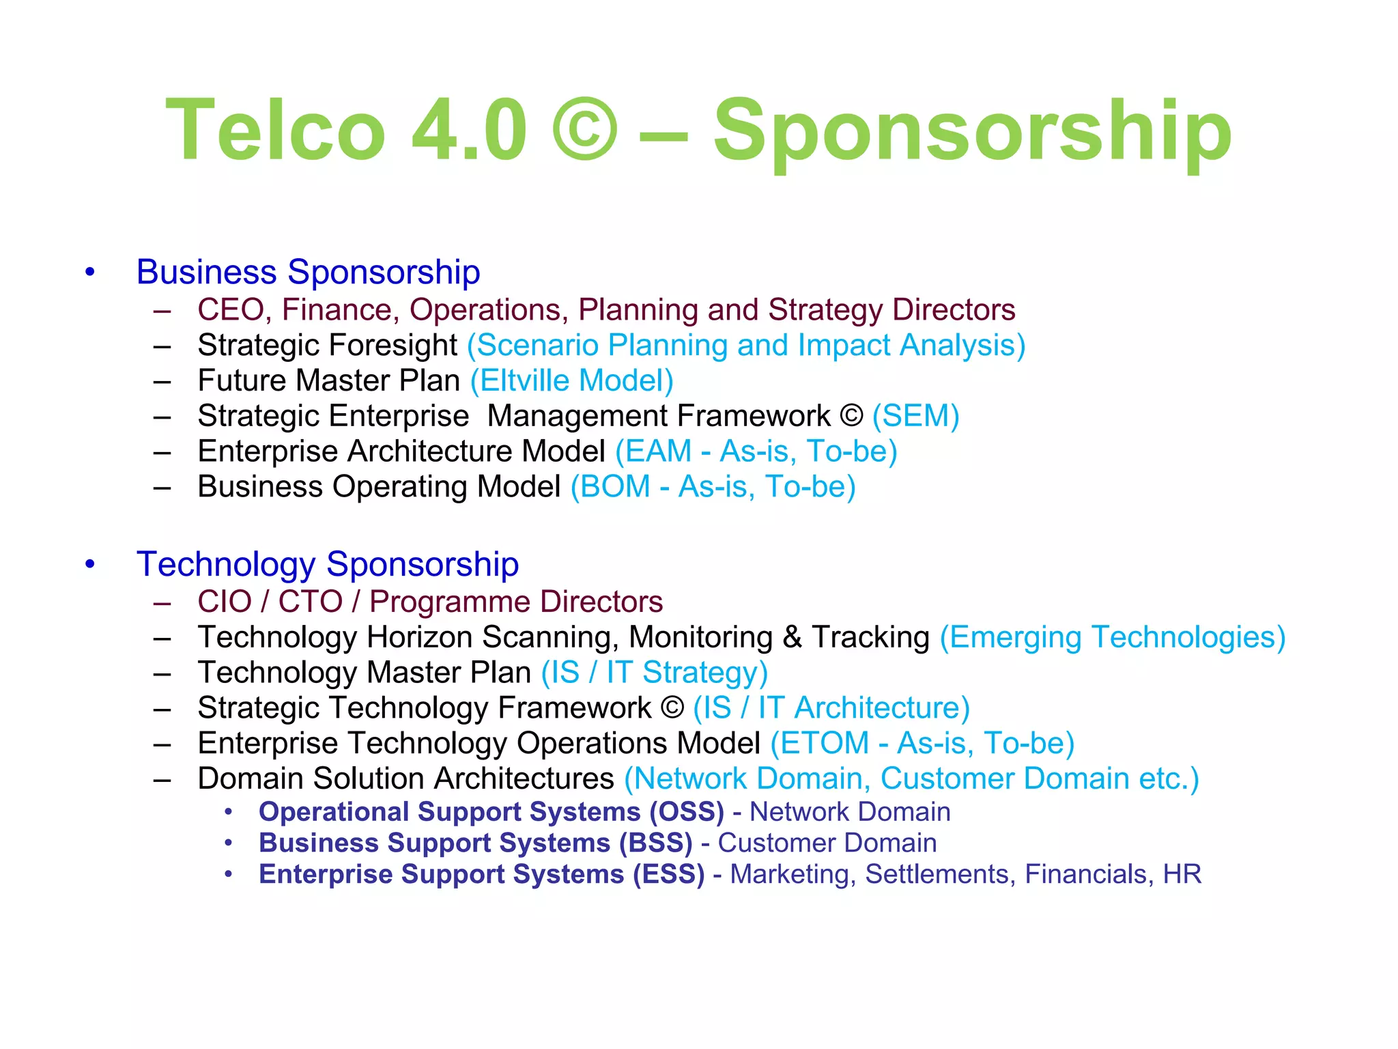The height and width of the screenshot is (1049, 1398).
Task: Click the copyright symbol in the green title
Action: (585, 130)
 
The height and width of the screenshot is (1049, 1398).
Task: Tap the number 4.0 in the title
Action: (469, 130)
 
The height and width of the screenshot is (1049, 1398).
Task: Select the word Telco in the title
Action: (275, 130)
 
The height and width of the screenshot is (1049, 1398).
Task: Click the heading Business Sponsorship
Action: (308, 272)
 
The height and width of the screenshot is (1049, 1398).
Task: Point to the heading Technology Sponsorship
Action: (328, 564)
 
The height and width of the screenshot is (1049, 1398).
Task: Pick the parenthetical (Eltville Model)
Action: (572, 380)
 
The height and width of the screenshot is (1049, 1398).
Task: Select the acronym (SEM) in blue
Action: (916, 416)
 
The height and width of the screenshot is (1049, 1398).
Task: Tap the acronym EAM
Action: (658, 451)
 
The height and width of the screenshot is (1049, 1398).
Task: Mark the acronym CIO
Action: (225, 602)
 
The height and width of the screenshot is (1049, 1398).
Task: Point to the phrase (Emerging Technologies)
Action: (1113, 637)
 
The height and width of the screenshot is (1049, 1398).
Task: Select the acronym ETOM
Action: (825, 743)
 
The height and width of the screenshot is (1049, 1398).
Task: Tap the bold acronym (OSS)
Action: (687, 812)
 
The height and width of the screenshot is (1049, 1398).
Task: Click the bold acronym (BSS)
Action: (656, 843)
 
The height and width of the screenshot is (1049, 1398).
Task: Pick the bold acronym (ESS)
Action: (669, 874)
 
